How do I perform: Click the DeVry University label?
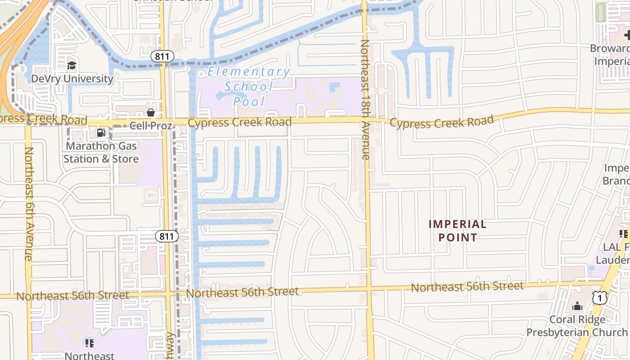tap(72, 79)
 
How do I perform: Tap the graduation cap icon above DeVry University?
tap(72, 66)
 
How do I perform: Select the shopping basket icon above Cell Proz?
tap(151, 112)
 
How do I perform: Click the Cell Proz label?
tap(151, 126)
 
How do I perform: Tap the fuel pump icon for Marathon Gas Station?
tap(101, 133)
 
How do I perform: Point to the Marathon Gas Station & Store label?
tap(101, 153)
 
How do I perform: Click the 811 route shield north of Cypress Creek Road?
tap(162, 56)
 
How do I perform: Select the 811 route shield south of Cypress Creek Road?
tap(167, 236)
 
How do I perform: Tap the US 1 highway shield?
tap(599, 297)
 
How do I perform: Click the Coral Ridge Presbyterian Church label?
tap(577, 326)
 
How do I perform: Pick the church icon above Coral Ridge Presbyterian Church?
tap(577, 307)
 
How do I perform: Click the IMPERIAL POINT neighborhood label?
tap(458, 230)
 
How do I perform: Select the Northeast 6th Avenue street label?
tap(28, 203)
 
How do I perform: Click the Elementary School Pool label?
tap(248, 86)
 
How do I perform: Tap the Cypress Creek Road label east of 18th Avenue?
tap(441, 122)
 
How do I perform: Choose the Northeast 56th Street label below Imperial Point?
tap(467, 286)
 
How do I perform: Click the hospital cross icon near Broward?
tap(627, 35)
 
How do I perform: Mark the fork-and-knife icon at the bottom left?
tap(90, 343)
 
